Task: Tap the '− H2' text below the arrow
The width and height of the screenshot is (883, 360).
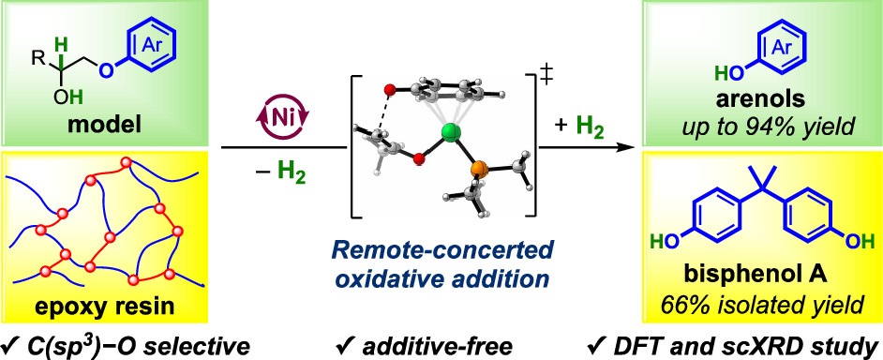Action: point(267,174)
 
